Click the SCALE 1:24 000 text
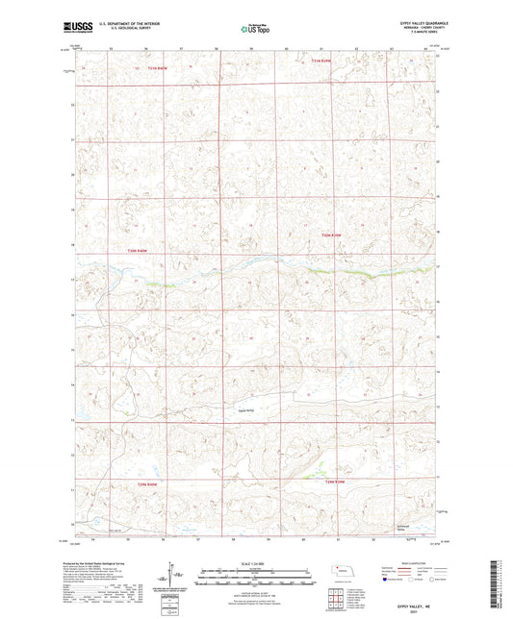point(254,563)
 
